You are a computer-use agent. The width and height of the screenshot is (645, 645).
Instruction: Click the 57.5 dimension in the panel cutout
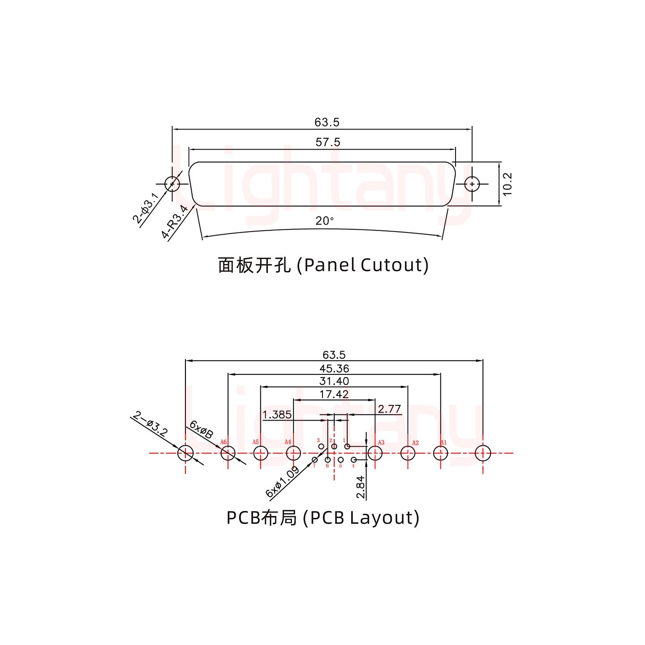[328, 142]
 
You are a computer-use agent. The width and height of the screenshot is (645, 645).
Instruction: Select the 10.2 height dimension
[507, 184]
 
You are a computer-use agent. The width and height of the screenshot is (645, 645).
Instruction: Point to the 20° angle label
[325, 221]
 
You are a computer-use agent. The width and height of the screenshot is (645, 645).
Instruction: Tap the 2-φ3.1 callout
[145, 208]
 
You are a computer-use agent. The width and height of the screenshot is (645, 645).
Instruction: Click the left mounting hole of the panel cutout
[172, 184]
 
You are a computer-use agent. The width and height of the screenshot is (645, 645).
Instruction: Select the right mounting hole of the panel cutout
[472, 184]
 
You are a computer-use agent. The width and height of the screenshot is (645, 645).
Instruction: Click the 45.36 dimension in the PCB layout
[334, 369]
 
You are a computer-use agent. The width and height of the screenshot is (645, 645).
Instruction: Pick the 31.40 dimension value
[334, 381]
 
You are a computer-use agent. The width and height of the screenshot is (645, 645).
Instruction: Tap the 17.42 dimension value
[334, 394]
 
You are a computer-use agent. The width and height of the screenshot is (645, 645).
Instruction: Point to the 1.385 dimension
[277, 415]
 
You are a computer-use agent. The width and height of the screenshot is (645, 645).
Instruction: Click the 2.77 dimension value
[389, 409]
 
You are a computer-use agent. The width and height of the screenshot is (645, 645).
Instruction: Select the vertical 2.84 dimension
[361, 487]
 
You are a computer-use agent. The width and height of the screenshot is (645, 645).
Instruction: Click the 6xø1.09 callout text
[282, 482]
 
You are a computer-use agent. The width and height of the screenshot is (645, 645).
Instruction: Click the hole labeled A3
[375, 453]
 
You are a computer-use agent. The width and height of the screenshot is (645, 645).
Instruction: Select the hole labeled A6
[228, 453]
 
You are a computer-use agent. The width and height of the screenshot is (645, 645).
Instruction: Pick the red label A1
[443, 443]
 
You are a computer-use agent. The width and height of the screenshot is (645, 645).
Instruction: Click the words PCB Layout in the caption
[361, 518]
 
